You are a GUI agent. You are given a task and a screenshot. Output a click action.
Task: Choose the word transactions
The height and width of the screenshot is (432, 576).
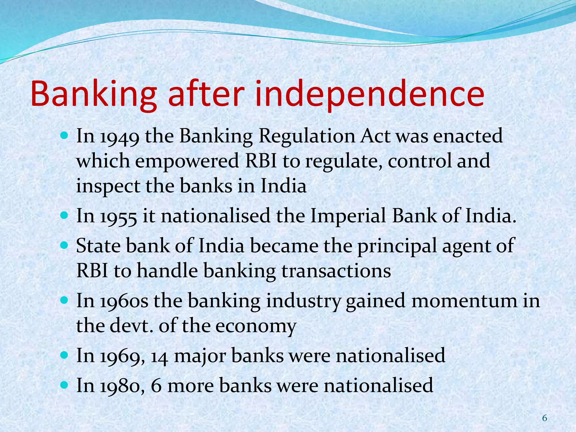tap(336, 271)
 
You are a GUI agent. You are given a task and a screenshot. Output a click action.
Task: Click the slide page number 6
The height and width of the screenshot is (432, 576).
tap(544, 418)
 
